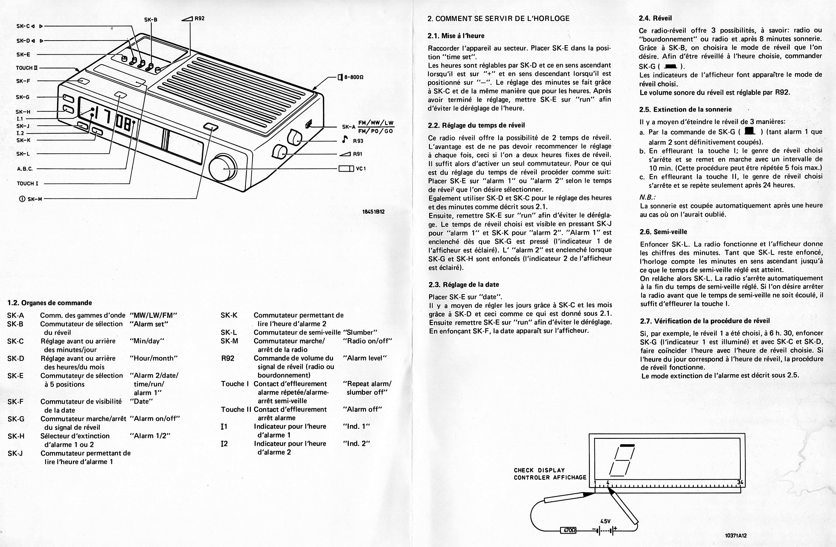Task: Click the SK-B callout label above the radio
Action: click(151, 20)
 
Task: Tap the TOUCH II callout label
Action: click(27, 68)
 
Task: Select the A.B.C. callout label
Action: click(25, 169)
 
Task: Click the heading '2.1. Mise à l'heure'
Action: click(456, 36)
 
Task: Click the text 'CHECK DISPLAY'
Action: click(539, 470)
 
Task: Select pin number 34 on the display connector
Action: click(740, 482)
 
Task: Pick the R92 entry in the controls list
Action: click(228, 358)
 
